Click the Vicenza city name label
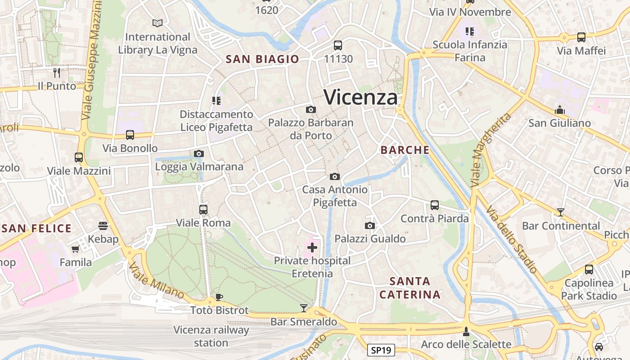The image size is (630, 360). point(361,97)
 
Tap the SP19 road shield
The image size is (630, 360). point(381,350)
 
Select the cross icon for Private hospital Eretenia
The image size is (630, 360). point(312,247)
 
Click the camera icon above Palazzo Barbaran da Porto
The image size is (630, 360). point(310,109)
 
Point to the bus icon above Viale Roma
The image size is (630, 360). point(203,209)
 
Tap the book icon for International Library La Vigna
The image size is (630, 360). point(157,23)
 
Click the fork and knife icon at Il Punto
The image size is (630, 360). point(57,72)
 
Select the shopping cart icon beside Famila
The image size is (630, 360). point(75,249)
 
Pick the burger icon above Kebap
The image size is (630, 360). point(103,225)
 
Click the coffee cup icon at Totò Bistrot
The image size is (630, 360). point(219,297)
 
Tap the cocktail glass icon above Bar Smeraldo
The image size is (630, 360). point(304,308)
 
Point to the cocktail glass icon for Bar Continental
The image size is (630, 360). point(560,212)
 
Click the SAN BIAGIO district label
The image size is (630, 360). point(262,59)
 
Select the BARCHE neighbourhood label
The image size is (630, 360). point(405,150)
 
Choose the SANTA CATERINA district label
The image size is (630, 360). point(409,288)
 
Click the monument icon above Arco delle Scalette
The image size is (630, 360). point(466,331)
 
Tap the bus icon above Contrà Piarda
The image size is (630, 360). point(434,205)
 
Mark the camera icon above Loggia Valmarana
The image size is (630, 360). point(199,153)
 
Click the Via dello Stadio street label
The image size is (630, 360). point(512,239)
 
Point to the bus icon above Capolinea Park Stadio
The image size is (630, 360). point(589,270)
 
